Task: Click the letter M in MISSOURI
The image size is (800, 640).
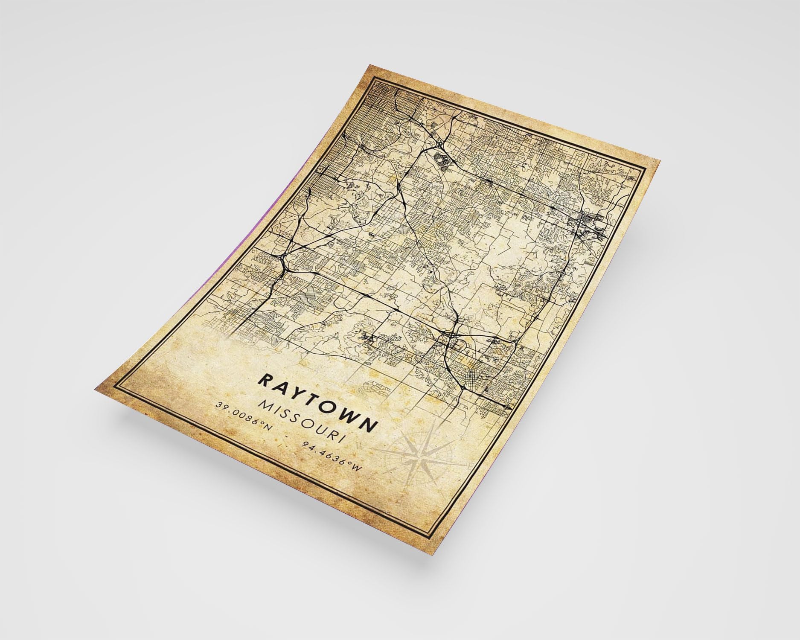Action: click(265, 407)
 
